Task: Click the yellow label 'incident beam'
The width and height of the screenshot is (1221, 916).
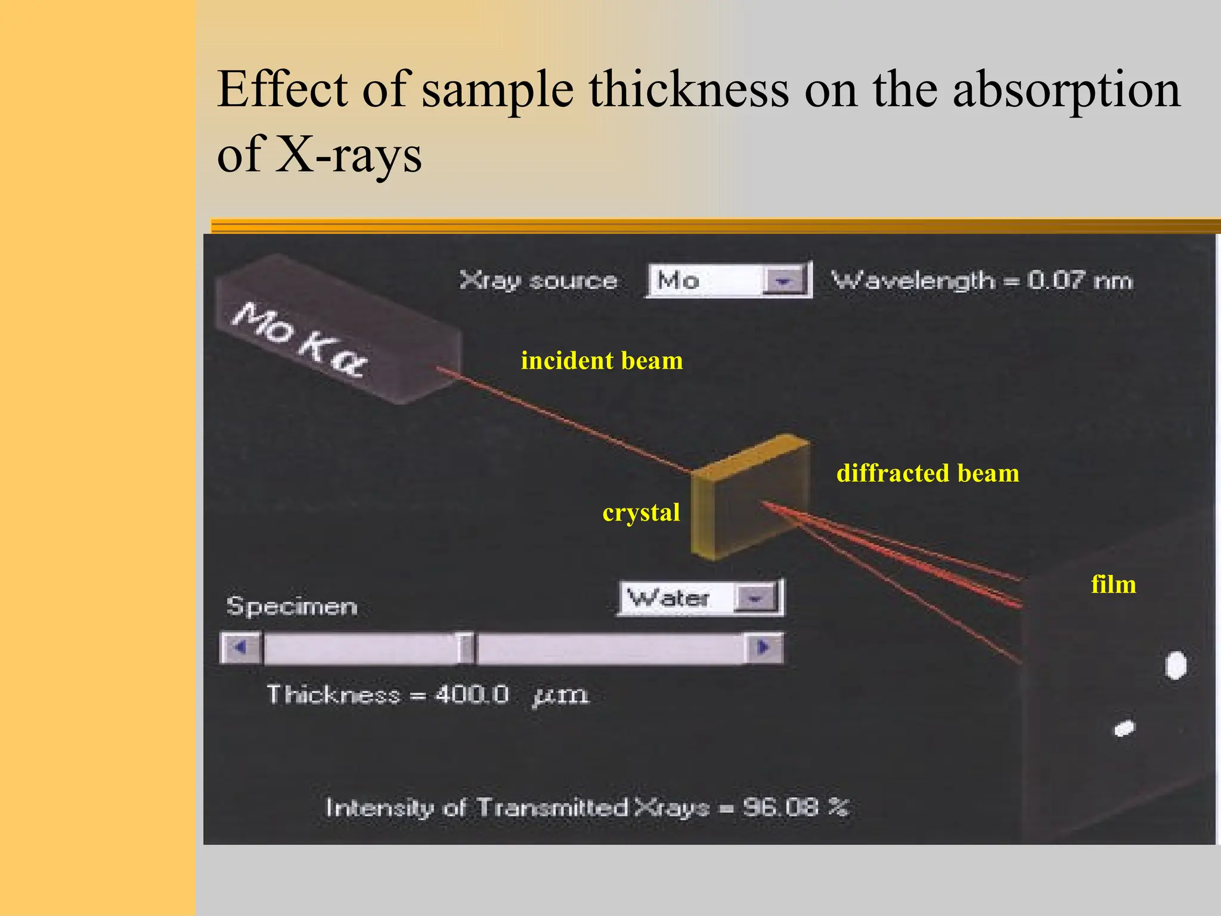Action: click(602, 361)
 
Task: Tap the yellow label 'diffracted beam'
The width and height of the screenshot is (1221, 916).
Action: click(928, 474)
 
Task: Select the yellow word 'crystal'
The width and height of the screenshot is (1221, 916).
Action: click(641, 513)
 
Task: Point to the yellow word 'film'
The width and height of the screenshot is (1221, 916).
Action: click(1113, 584)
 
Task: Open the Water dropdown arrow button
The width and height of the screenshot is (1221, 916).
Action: click(755, 598)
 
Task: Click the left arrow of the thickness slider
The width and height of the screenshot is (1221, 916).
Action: click(240, 648)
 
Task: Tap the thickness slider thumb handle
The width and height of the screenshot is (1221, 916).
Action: click(466, 648)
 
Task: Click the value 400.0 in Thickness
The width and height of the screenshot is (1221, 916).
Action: click(472, 695)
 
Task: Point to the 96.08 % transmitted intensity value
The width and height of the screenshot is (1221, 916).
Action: click(795, 807)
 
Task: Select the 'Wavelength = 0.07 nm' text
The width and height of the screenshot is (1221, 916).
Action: click(981, 280)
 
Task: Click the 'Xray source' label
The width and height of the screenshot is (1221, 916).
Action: click(538, 280)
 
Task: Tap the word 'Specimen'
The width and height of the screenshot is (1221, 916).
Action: click(292, 606)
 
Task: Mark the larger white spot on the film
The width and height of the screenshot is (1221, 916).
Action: click(1175, 666)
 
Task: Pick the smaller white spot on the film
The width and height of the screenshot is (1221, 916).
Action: click(1124, 728)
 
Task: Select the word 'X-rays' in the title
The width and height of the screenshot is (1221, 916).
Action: click(349, 154)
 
